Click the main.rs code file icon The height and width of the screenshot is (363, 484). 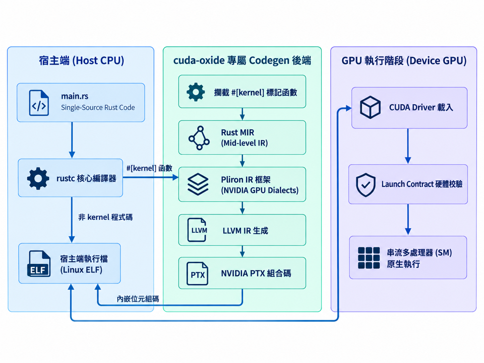[39, 103]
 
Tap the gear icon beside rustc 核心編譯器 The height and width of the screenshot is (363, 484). [38, 178]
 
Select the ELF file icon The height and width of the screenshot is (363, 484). [39, 263]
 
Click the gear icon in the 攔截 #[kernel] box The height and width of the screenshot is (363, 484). [196, 92]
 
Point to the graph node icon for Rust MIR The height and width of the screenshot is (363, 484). [199, 138]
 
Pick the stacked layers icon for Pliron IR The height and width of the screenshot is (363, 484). [198, 184]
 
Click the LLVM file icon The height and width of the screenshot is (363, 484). [197, 230]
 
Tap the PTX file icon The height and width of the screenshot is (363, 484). [197, 273]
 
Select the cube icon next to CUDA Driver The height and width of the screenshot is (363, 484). [370, 107]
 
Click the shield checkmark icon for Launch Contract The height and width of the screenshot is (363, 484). [366, 185]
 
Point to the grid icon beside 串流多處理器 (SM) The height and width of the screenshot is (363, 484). [369, 258]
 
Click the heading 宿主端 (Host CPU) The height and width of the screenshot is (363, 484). [82, 60]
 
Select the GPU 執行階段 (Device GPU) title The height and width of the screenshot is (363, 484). [404, 61]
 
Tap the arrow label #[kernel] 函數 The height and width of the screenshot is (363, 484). [149, 168]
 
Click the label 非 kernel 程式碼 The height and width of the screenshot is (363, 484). [105, 217]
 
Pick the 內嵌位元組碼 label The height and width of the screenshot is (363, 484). [138, 299]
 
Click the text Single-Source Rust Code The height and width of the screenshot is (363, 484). [98, 108]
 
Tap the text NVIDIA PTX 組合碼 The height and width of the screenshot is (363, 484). [256, 273]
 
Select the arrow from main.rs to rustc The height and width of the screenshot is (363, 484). [72, 140]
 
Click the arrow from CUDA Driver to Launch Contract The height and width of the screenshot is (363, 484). [408, 146]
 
